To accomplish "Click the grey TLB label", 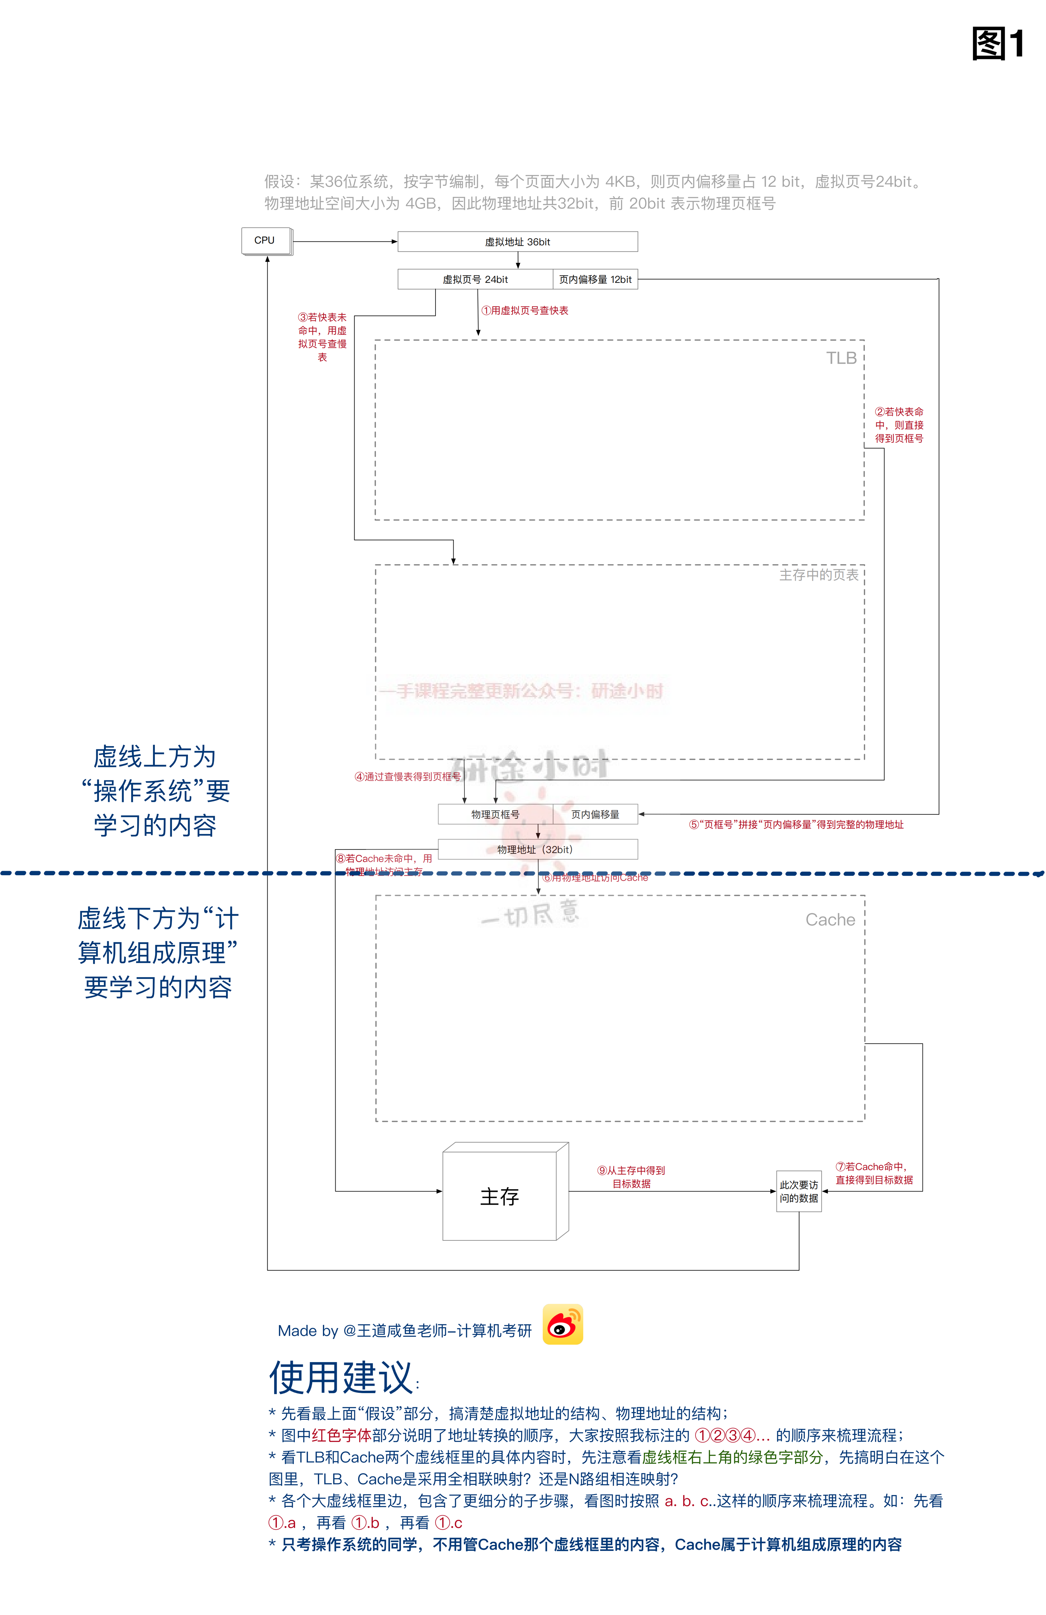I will (x=841, y=358).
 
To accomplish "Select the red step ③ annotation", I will (x=322, y=337).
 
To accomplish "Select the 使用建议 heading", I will (x=343, y=1378).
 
